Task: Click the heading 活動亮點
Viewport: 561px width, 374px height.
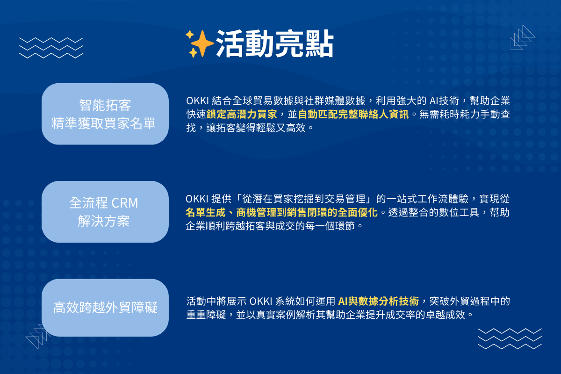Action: pos(275,43)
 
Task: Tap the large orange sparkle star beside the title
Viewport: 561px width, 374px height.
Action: pos(202,43)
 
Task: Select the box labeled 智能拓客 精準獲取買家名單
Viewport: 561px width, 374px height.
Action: pos(105,114)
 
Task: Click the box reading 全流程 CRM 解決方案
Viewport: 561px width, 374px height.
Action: pos(105,212)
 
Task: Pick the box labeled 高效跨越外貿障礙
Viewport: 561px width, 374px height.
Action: pos(105,308)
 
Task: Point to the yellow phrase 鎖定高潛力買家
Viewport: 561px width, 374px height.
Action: pos(242,114)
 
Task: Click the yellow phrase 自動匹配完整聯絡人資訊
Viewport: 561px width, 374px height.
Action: pos(353,114)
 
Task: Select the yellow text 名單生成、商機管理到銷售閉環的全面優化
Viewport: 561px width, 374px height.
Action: pos(281,212)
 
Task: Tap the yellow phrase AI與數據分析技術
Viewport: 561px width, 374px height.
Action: pos(378,301)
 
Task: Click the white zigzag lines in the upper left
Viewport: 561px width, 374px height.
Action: pos(51,48)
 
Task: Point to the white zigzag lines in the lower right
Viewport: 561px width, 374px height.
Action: pos(510,338)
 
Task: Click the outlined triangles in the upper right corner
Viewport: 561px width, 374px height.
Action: pos(523,37)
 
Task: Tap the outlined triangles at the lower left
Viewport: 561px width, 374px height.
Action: pos(38,336)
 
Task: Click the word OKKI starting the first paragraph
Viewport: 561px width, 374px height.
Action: pos(197,101)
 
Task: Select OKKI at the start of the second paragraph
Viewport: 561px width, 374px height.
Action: pos(197,199)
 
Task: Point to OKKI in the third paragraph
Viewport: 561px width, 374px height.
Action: pos(261,301)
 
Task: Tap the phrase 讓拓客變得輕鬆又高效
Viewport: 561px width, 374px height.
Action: pos(256,128)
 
